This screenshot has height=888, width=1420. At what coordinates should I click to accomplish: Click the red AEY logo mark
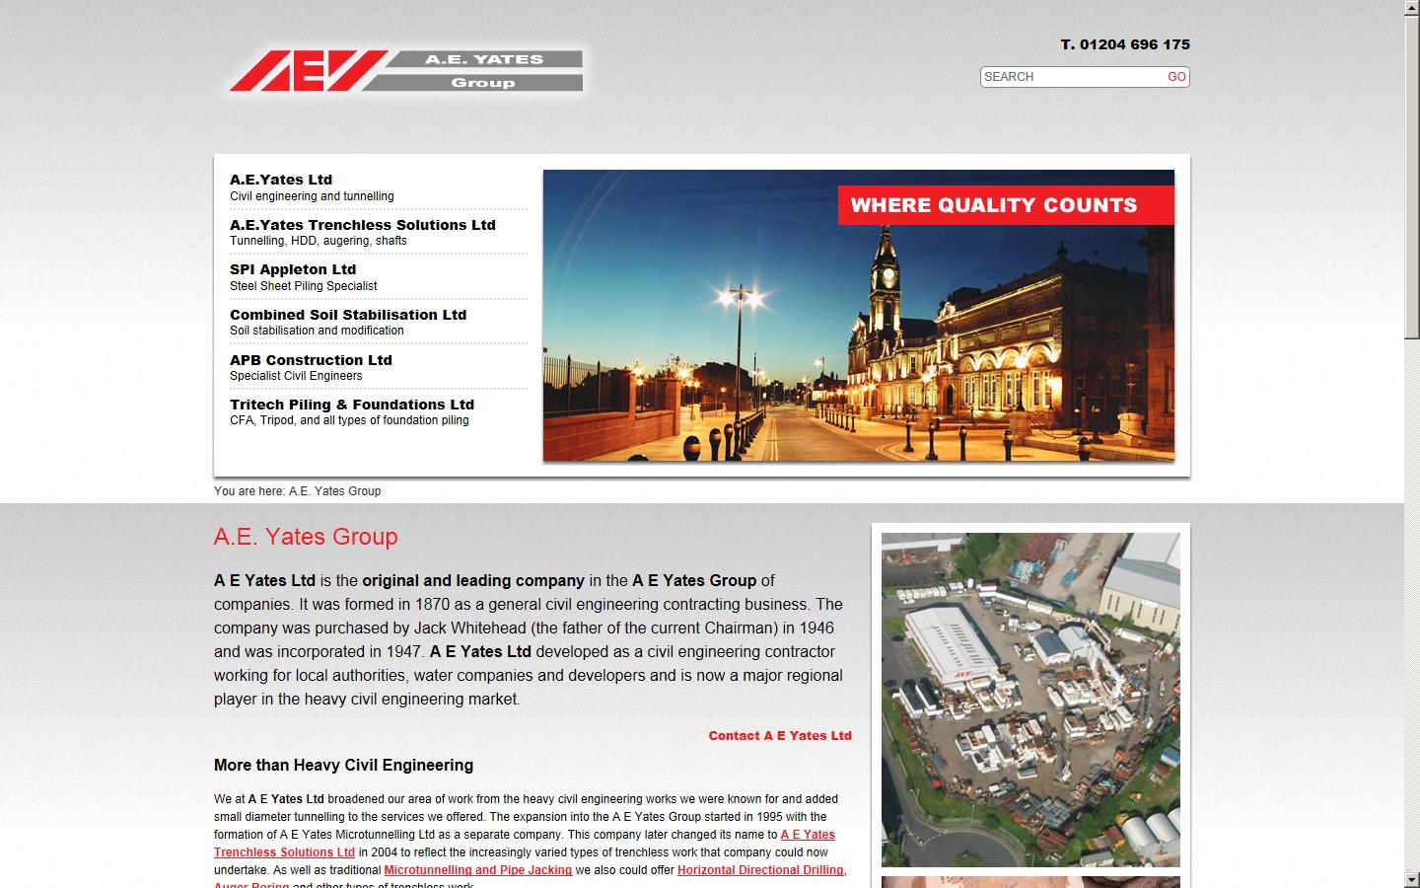pyautogui.click(x=306, y=70)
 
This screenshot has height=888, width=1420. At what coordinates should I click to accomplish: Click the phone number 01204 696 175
pyautogui.click(x=1134, y=44)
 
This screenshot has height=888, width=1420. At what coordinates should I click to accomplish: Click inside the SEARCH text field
pyautogui.click(x=1070, y=77)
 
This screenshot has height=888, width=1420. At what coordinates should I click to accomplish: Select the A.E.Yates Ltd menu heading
pyautogui.click(x=281, y=180)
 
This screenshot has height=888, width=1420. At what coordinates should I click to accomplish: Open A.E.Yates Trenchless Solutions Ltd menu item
pyautogui.click(x=362, y=225)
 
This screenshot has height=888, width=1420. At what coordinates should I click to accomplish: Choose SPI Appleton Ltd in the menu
pyautogui.click(x=293, y=269)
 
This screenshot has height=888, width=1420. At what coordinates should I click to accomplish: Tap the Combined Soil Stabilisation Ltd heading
pyautogui.click(x=348, y=315)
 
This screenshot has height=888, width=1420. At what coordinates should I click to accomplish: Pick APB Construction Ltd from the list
pyautogui.click(x=311, y=360)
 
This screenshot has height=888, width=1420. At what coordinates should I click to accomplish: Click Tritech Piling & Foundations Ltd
pyautogui.click(x=352, y=405)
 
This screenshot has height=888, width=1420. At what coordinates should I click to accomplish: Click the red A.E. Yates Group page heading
pyautogui.click(x=306, y=537)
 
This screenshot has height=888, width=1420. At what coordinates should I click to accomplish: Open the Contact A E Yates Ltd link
pyautogui.click(x=779, y=736)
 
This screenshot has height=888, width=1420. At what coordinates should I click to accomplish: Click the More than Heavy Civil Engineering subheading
pyautogui.click(x=343, y=766)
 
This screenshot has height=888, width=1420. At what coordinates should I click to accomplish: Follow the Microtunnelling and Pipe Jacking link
pyautogui.click(x=477, y=870)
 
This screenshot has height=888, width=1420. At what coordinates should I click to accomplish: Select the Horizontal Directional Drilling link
pyautogui.click(x=759, y=870)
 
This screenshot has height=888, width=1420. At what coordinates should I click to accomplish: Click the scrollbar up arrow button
pyautogui.click(x=1411, y=8)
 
